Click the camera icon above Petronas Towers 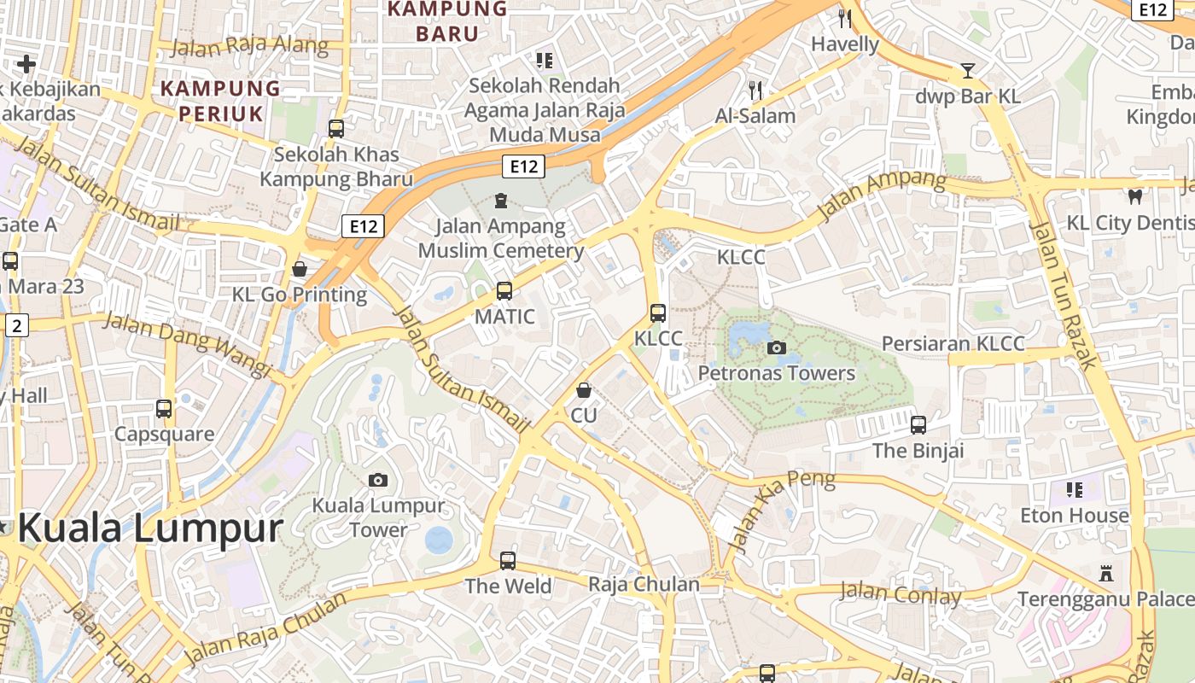[777, 347]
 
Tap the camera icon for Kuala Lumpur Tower [378, 480]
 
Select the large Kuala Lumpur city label [149, 528]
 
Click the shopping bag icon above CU [584, 390]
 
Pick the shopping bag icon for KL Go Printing [300, 269]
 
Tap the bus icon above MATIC [504, 291]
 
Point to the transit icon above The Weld [508, 561]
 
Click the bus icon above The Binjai [918, 424]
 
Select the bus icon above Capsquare [164, 408]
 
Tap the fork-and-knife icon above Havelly [845, 19]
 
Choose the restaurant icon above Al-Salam [755, 90]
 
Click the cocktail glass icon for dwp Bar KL [968, 70]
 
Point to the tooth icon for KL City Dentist [1134, 196]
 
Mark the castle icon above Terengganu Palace [1106, 573]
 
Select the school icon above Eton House [1075, 490]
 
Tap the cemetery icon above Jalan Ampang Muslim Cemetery [500, 201]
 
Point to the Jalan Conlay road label [901, 593]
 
